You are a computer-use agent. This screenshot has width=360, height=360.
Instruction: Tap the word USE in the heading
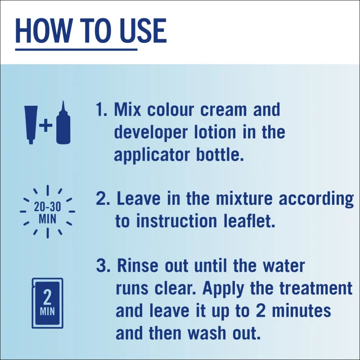143,31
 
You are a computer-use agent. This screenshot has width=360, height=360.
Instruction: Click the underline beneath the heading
76,49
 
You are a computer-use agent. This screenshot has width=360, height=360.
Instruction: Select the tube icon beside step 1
31,125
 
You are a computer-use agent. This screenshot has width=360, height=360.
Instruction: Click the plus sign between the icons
45,126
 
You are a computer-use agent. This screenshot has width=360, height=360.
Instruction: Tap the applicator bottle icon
63,123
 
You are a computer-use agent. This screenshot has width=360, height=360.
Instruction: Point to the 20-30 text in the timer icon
47,207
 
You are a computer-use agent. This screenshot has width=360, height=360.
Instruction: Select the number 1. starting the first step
102,109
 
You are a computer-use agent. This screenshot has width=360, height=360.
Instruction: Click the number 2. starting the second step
103,198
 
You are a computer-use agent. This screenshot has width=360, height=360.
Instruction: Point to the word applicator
152,155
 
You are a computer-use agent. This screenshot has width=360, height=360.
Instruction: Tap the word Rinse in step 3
138,265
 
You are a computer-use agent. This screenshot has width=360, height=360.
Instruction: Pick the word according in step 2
316,199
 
